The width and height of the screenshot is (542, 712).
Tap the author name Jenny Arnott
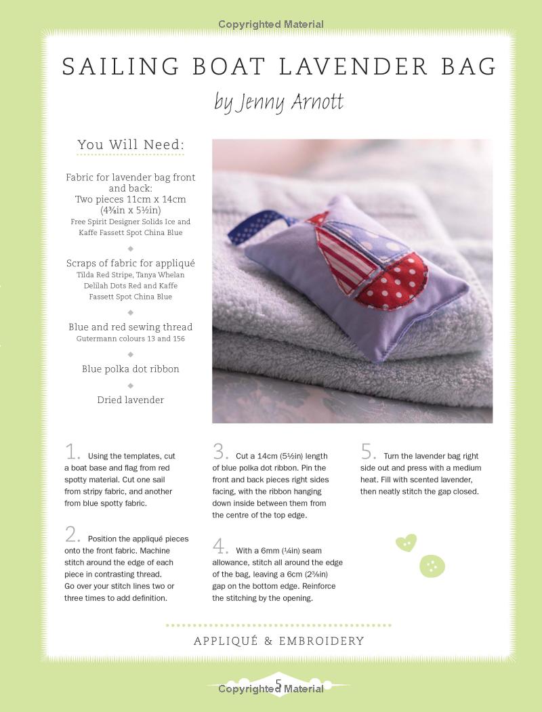pyautogui.click(x=278, y=102)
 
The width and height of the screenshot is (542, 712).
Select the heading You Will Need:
pyautogui.click(x=131, y=144)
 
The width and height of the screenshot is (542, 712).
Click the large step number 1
pyautogui.click(x=72, y=452)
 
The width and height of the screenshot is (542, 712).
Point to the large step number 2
pyautogui.click(x=72, y=535)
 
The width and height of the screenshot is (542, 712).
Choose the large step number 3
pyautogui.click(x=220, y=452)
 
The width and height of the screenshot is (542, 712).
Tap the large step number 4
pyautogui.click(x=220, y=546)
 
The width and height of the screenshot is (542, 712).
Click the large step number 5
pyautogui.click(x=368, y=452)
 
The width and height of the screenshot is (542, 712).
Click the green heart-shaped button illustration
pyautogui.click(x=406, y=543)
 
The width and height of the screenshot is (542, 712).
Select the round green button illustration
pyautogui.click(x=432, y=566)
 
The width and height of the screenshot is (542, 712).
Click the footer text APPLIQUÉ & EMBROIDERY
pyautogui.click(x=278, y=641)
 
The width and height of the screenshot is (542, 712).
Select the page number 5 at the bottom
pyautogui.click(x=278, y=683)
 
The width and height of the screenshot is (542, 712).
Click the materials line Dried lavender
pyautogui.click(x=130, y=400)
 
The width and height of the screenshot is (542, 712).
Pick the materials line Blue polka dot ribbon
pyautogui.click(x=130, y=369)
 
